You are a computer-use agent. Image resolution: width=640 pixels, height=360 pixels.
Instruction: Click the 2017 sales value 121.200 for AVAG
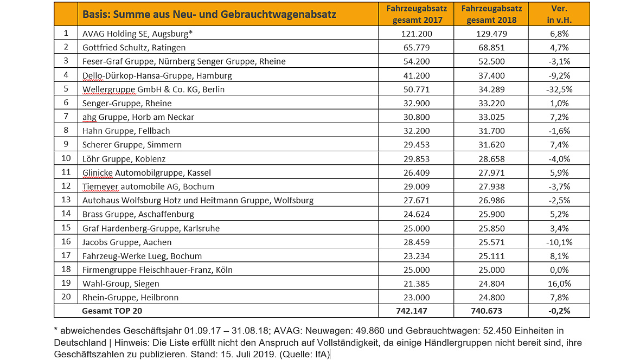click(417, 34)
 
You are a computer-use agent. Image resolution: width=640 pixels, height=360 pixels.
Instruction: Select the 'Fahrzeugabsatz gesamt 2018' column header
click(491, 14)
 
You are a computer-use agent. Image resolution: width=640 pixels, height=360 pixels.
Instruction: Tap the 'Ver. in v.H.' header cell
click(559, 14)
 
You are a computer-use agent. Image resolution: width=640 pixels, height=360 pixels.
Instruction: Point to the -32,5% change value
click(559, 89)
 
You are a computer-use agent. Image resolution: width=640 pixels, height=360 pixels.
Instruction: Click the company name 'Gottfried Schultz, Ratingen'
click(134, 48)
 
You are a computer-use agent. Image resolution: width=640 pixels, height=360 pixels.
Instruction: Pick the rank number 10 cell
click(66, 158)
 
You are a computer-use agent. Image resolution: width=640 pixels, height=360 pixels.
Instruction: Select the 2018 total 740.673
click(487, 311)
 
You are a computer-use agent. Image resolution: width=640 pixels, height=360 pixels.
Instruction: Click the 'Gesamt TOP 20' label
click(112, 311)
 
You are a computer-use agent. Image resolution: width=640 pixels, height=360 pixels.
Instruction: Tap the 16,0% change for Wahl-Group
click(559, 284)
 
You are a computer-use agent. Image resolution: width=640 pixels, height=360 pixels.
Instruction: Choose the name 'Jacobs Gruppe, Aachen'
click(127, 242)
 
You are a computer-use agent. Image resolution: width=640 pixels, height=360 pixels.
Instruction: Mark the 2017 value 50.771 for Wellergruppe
click(417, 89)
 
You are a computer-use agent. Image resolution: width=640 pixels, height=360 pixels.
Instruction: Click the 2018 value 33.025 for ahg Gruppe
click(491, 117)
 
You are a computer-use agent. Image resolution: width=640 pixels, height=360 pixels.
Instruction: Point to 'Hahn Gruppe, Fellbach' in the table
click(126, 131)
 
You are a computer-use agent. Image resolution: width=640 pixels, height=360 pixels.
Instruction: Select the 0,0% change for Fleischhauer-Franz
click(559, 270)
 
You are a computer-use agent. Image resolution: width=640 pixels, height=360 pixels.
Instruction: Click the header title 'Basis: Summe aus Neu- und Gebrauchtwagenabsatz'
click(209, 14)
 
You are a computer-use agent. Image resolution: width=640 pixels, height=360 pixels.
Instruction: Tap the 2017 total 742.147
click(412, 311)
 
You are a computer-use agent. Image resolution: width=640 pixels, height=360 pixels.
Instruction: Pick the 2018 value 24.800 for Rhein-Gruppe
click(491, 298)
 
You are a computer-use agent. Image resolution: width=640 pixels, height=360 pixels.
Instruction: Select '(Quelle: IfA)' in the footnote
click(304, 354)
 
